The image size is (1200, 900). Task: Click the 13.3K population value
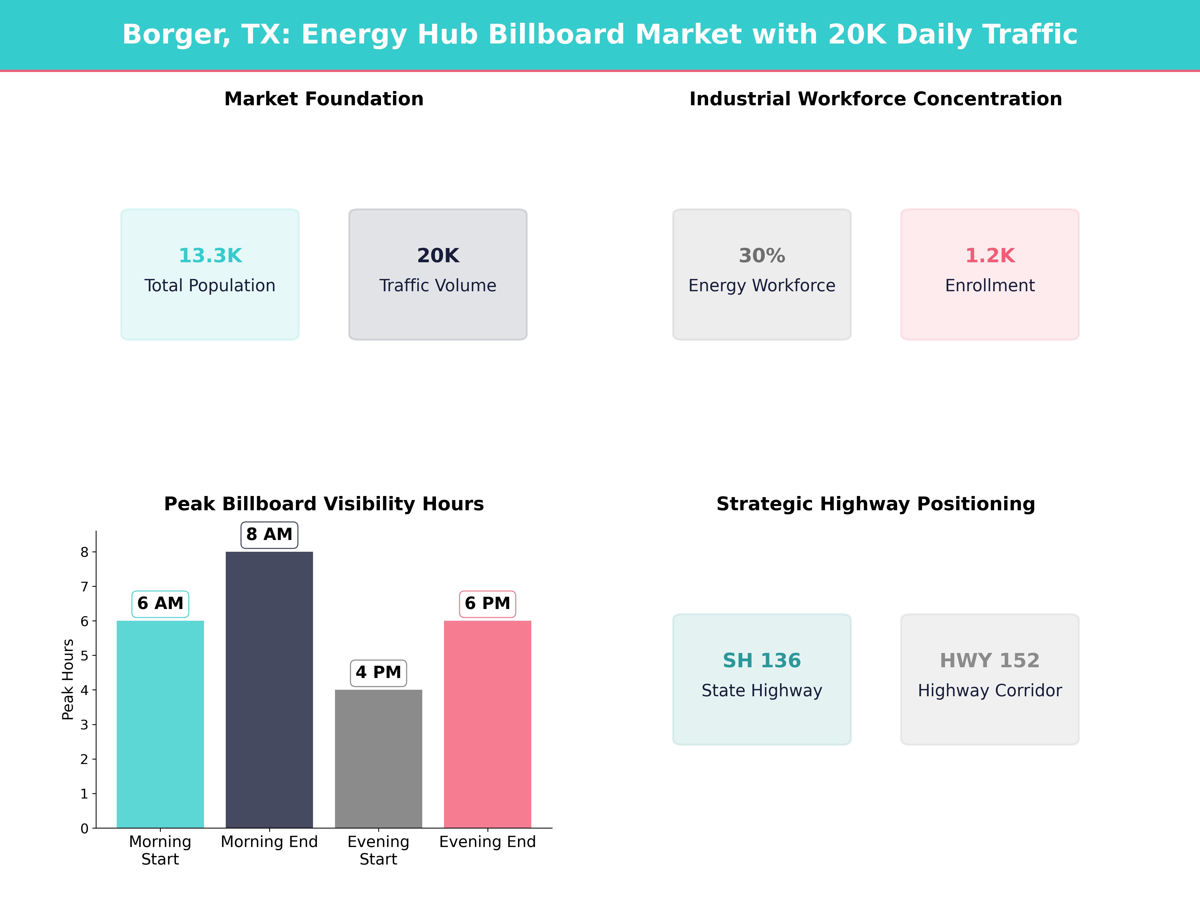point(210,255)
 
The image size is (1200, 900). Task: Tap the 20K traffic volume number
point(438,255)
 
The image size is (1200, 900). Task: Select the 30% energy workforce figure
point(762,255)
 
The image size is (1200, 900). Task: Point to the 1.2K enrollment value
point(989,255)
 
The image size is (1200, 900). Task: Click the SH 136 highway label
point(762,660)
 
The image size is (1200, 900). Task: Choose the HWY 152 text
point(989,660)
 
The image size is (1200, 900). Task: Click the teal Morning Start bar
point(160,724)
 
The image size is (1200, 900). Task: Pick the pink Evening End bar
point(487,724)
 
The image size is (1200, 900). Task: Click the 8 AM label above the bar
point(269,534)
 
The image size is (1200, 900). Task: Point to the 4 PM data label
point(378,673)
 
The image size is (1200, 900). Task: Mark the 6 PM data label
point(487,603)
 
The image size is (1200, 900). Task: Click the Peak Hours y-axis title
point(68,679)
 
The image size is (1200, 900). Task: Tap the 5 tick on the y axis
point(84,655)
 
